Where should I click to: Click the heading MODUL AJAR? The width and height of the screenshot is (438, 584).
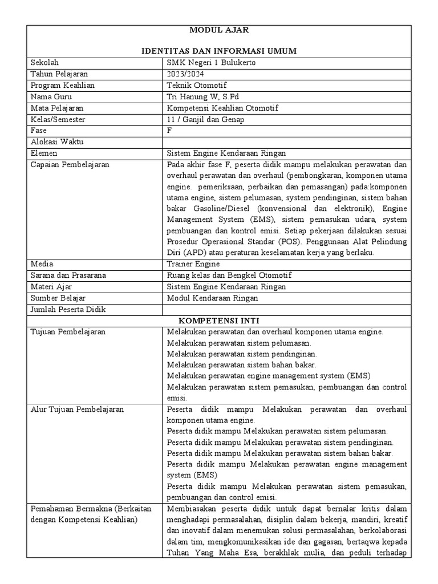219,29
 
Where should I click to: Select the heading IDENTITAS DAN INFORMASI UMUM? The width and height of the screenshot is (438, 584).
219,51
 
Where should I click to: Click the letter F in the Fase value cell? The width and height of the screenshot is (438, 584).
169,130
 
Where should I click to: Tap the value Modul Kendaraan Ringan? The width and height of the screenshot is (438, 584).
212,298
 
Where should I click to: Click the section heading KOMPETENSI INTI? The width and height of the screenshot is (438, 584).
219,321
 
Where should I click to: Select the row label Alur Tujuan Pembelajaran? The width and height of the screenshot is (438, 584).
77,409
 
